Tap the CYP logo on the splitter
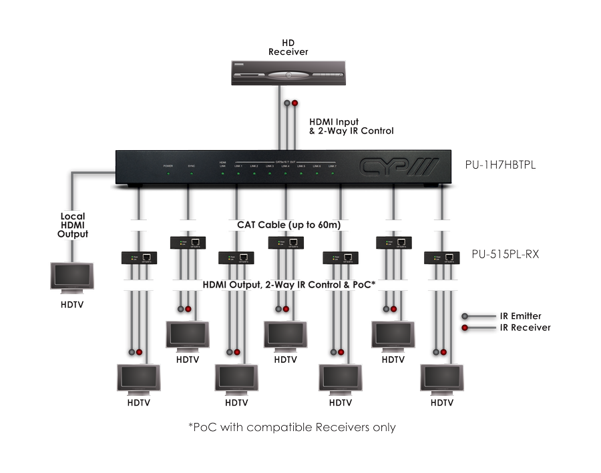point(398,166)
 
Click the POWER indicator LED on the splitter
point(168,173)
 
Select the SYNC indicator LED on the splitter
point(191,173)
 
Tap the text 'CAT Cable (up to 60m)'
point(289,225)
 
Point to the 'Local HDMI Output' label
point(73,225)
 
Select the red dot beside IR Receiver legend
point(465,328)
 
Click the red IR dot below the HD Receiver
point(294,104)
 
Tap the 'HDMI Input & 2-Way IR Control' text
point(351,127)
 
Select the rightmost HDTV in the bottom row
point(441,379)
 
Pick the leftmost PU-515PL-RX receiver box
point(140,258)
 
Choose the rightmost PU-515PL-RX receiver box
point(441,258)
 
